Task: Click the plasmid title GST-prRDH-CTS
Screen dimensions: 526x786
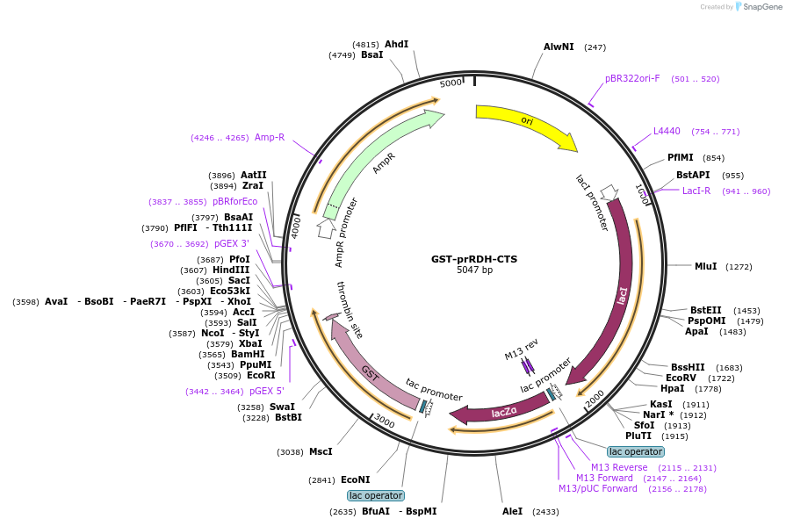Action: (474, 259)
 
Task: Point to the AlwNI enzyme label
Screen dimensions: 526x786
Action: (559, 47)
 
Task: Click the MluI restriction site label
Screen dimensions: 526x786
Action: (705, 266)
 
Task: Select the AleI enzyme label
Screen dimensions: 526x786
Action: (512, 511)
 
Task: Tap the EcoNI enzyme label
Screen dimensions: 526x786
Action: (356, 479)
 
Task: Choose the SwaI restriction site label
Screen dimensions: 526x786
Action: (282, 407)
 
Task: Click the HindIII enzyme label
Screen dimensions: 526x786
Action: (231, 270)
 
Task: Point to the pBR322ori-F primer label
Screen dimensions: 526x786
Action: (632, 78)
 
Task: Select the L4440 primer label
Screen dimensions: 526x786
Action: (667, 131)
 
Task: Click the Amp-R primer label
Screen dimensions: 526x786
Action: (270, 137)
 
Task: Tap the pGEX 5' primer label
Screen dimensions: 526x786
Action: (267, 391)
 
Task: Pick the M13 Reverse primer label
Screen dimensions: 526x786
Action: (619, 467)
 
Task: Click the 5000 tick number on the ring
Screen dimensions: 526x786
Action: (451, 83)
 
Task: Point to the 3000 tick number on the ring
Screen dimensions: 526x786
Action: (385, 422)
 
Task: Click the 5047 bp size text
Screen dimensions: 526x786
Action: (474, 270)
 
